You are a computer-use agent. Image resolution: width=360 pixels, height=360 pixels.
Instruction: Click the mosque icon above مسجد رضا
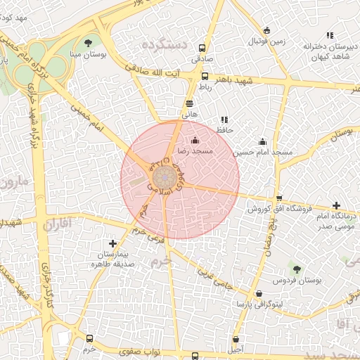point(195,141)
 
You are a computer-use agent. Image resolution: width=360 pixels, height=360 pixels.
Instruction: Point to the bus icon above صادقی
point(202,49)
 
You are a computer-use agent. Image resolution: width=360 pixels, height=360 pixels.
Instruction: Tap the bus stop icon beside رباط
point(205,77)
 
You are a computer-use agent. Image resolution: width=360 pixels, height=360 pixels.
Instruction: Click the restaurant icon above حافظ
point(224,120)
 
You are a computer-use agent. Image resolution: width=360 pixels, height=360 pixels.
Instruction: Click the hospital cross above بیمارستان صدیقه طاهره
point(112,243)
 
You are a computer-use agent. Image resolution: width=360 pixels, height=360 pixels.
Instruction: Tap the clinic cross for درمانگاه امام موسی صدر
point(336,205)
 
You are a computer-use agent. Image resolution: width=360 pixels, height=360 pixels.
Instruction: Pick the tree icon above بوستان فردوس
point(296,269)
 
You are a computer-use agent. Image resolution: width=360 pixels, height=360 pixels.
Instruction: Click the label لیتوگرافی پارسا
point(259,304)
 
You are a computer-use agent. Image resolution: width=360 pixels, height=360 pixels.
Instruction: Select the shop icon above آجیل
point(236,339)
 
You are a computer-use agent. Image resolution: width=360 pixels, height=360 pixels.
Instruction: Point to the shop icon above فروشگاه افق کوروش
point(280,198)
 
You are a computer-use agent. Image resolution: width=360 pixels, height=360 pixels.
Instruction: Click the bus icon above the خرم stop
point(89,339)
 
